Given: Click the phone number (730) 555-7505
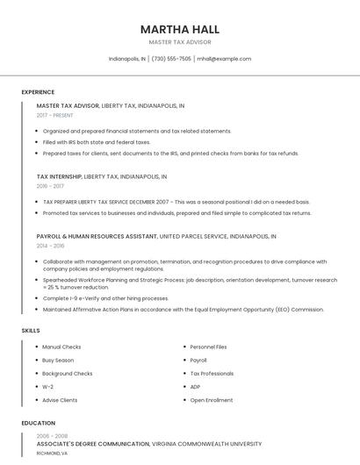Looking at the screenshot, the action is [x=171, y=59].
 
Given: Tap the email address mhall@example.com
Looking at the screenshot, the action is [x=224, y=59].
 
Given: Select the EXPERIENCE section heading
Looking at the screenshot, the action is [x=38, y=92].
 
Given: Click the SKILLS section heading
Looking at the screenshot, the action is [x=30, y=330].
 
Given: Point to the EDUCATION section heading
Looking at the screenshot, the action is [x=38, y=423].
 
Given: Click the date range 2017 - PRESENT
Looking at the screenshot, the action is [x=55, y=115].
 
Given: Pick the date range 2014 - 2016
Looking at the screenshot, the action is [x=51, y=247].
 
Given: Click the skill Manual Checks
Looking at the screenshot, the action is [x=61, y=347].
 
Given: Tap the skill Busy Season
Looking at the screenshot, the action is [x=59, y=361].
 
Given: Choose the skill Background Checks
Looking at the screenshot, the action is [x=67, y=374].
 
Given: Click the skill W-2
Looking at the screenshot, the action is [x=47, y=387].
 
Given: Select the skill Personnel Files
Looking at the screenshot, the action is [x=208, y=347].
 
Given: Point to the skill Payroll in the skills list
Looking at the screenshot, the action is [x=198, y=361].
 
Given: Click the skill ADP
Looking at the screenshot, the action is [x=195, y=387].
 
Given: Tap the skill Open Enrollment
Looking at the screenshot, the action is [x=211, y=400].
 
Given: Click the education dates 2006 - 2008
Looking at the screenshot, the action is [x=52, y=436].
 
